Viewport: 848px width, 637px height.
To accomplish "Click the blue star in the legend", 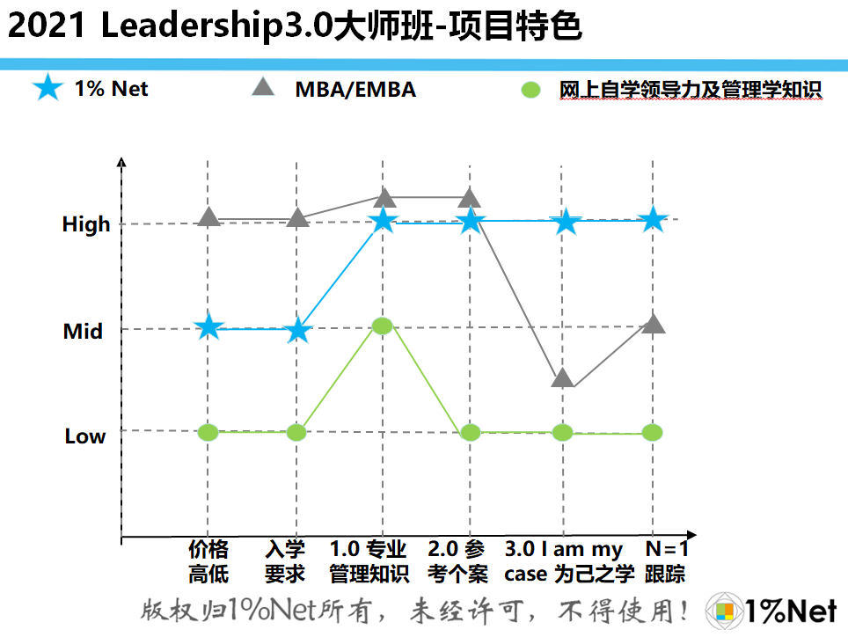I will tap(48, 88).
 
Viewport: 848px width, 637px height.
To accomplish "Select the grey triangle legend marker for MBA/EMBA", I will tap(263, 87).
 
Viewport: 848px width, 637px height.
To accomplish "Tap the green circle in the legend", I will tap(530, 90).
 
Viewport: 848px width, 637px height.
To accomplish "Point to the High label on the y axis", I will tap(86, 224).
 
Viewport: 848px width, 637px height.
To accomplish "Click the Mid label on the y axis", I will tap(83, 332).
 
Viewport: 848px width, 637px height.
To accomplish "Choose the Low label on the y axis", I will tap(85, 436).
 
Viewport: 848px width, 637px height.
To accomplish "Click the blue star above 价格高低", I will tap(208, 327).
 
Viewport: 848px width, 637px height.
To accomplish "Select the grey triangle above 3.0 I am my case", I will tap(563, 377).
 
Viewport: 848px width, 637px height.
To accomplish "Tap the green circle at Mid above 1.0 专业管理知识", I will tap(382, 326).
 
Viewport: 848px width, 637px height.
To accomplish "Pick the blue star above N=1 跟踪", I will tap(653, 220).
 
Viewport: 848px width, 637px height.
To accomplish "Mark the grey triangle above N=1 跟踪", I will tap(653, 325).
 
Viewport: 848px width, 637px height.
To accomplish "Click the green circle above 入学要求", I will tap(296, 432).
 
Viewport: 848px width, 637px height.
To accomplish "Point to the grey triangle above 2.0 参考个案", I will tap(470, 198).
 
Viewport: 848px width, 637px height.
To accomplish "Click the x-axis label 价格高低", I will tap(208, 562).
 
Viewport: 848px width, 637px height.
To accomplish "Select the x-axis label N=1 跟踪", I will tap(666, 562).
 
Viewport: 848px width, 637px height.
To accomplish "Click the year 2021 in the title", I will tap(48, 26).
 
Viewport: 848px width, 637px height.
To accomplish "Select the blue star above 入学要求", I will tap(297, 330).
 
